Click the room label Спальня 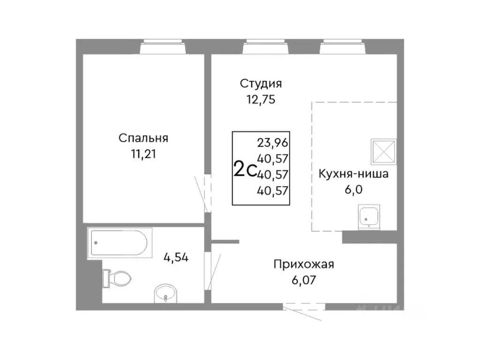click(143, 138)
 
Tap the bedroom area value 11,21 click(143, 154)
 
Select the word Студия click(261, 84)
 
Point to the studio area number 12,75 click(261, 99)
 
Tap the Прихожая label click(304, 265)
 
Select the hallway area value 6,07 click(304, 280)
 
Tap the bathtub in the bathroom click(120, 243)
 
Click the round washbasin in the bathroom click(165, 294)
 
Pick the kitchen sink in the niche click(370, 217)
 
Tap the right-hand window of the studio click(341, 47)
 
